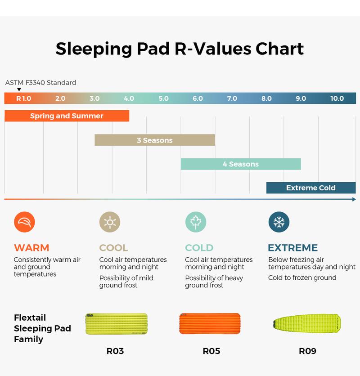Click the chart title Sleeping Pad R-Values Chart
point(180,49)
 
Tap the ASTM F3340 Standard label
point(40,83)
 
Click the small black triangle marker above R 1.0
point(19,90)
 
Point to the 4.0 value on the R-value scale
point(129,98)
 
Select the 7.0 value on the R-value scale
point(232,98)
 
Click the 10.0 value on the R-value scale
point(337,98)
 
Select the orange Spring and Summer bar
point(67,116)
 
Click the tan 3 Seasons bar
point(154,140)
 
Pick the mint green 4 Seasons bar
point(241,164)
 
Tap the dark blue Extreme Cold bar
point(311,188)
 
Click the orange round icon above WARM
point(24,222)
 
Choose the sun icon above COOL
point(110,222)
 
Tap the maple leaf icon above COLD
point(196,222)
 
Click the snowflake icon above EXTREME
point(279,222)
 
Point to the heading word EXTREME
point(293,248)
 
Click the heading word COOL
point(113,248)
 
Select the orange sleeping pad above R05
point(210,324)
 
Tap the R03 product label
point(115,351)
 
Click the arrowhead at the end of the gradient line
point(354,199)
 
